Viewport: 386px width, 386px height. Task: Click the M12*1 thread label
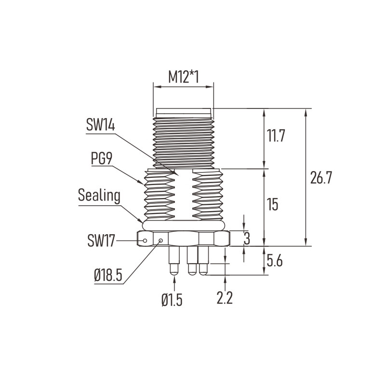click(x=184, y=77)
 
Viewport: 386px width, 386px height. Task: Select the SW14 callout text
click(x=100, y=124)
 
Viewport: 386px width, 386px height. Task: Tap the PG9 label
click(x=102, y=158)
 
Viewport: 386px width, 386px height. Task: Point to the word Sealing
click(x=99, y=196)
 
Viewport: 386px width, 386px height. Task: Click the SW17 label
click(x=101, y=240)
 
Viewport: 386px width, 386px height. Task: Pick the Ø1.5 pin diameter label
click(x=172, y=300)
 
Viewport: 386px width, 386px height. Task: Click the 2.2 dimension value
click(x=225, y=298)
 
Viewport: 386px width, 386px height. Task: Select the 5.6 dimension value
click(x=275, y=261)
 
